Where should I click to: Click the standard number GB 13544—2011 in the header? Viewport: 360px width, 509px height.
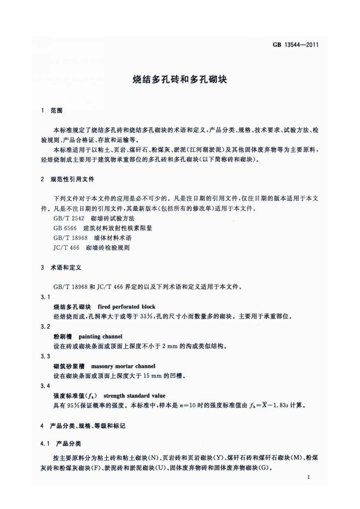(296, 46)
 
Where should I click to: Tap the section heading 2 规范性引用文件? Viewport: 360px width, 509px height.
(67, 179)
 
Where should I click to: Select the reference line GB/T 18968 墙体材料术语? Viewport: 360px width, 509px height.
(93, 238)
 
